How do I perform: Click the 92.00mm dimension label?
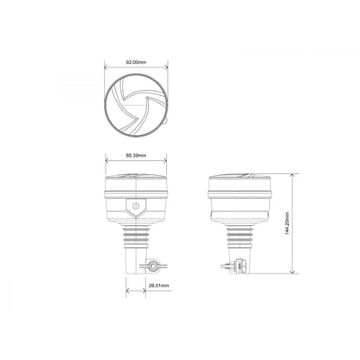(x=135, y=63)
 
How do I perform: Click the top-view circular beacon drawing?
(x=135, y=107)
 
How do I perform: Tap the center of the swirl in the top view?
(x=132, y=107)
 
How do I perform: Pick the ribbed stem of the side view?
(x=240, y=235)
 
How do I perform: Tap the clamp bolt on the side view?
(x=226, y=267)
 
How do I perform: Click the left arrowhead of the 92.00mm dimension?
(x=106, y=69)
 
